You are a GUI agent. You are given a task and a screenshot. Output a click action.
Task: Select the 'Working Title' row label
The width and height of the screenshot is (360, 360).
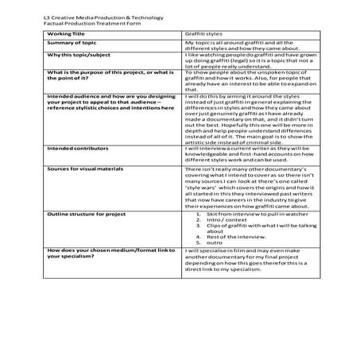coord(66,34)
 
